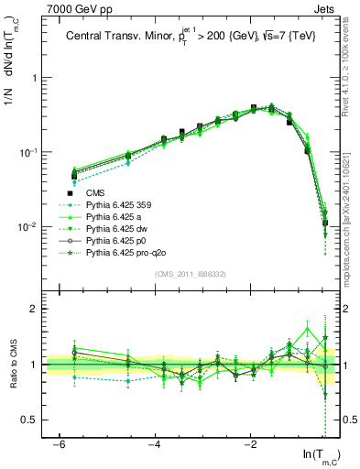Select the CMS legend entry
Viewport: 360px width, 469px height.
pyautogui.click(x=95, y=193)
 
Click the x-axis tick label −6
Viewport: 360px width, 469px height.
pyautogui.click(x=59, y=445)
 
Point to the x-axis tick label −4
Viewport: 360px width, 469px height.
pyautogui.click(x=155, y=445)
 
